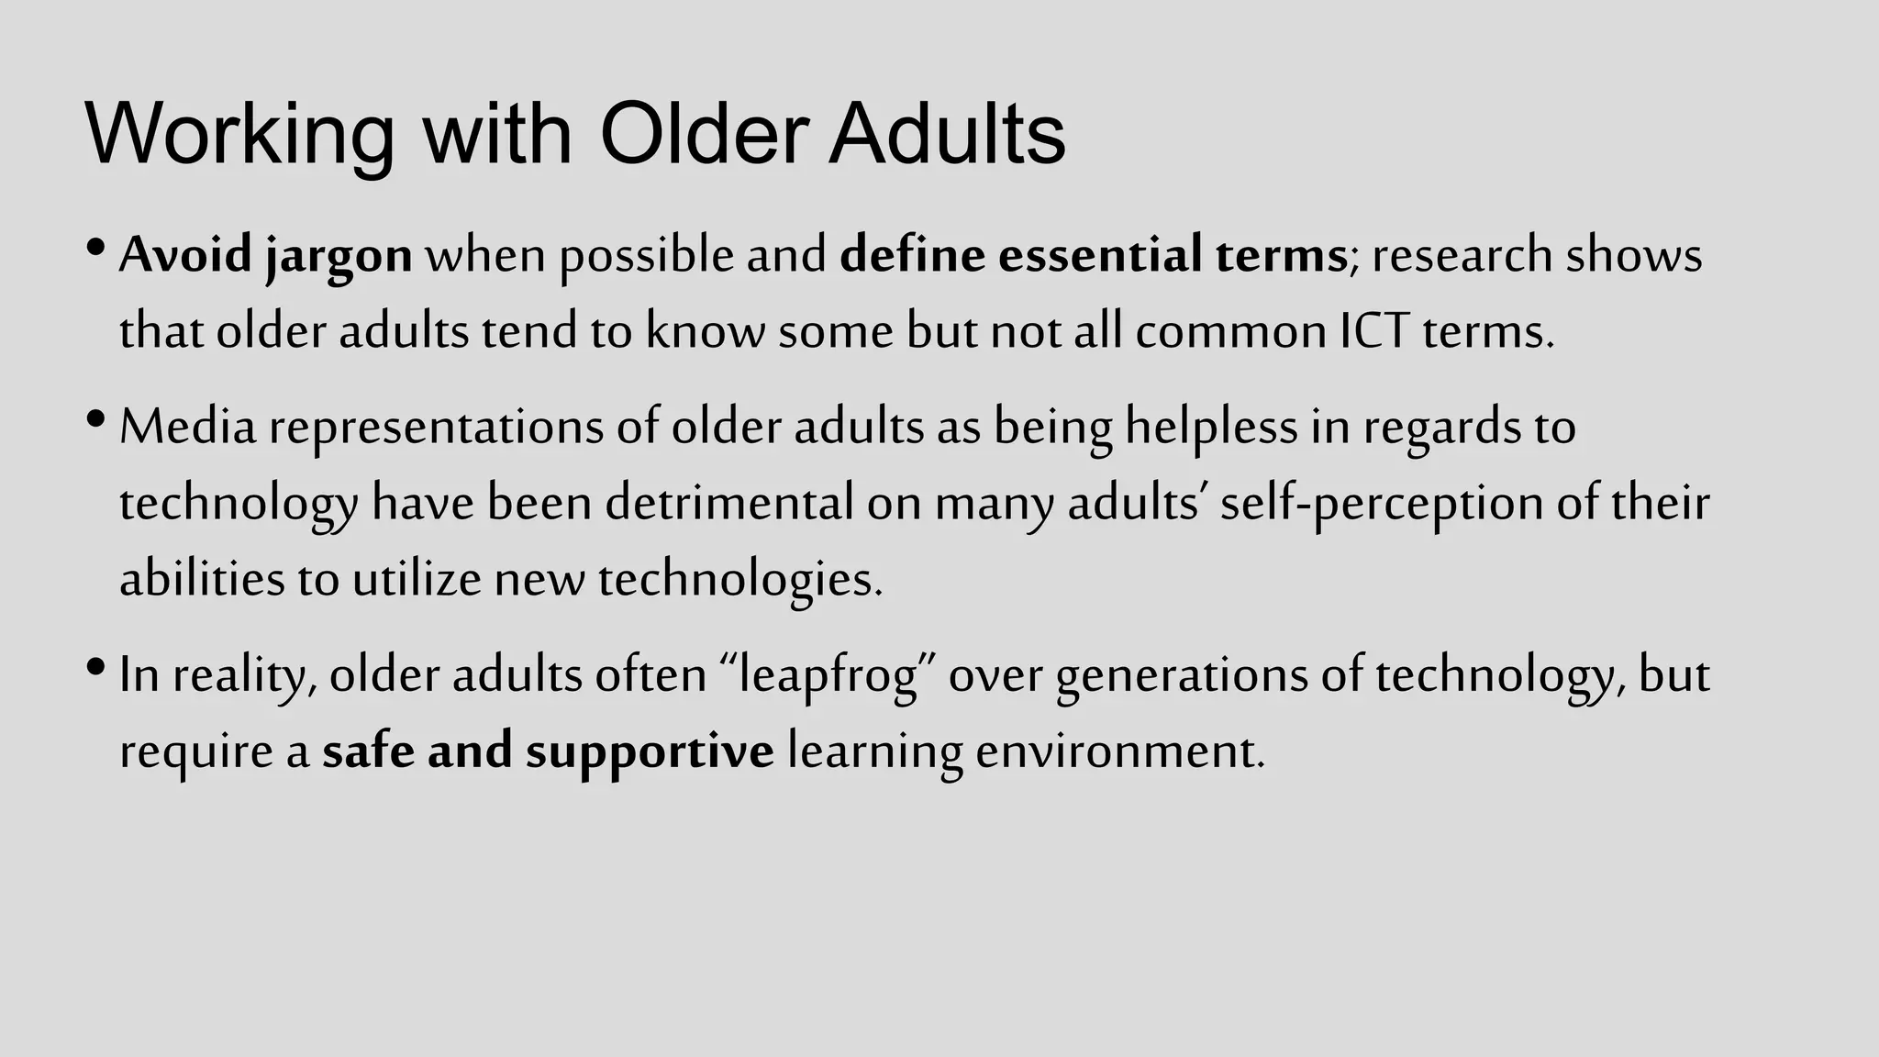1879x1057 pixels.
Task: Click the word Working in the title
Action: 239,135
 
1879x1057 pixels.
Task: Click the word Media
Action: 188,427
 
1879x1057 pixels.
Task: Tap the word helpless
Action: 1211,428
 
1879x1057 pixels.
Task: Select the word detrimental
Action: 729,503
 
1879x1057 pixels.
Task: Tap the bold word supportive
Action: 650,752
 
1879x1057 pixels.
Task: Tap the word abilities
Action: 202,579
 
